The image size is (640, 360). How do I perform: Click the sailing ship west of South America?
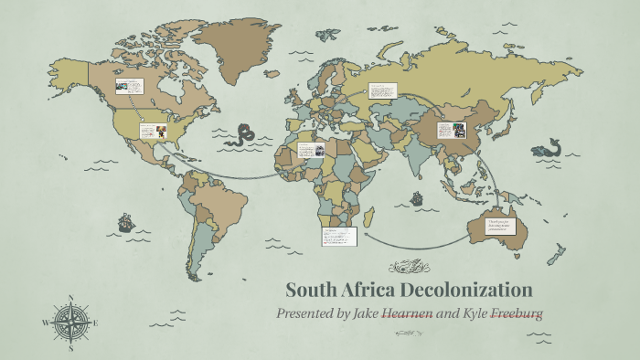click(125, 222)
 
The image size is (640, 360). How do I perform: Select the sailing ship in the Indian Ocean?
click(417, 197)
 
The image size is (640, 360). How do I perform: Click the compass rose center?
click(70, 322)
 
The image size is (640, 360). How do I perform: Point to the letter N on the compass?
click(70, 297)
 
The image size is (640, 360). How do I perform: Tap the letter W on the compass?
click(46, 323)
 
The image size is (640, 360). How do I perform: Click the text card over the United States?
click(152, 131)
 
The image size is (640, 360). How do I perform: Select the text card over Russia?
click(382, 92)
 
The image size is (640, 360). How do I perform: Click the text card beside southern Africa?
click(338, 237)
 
